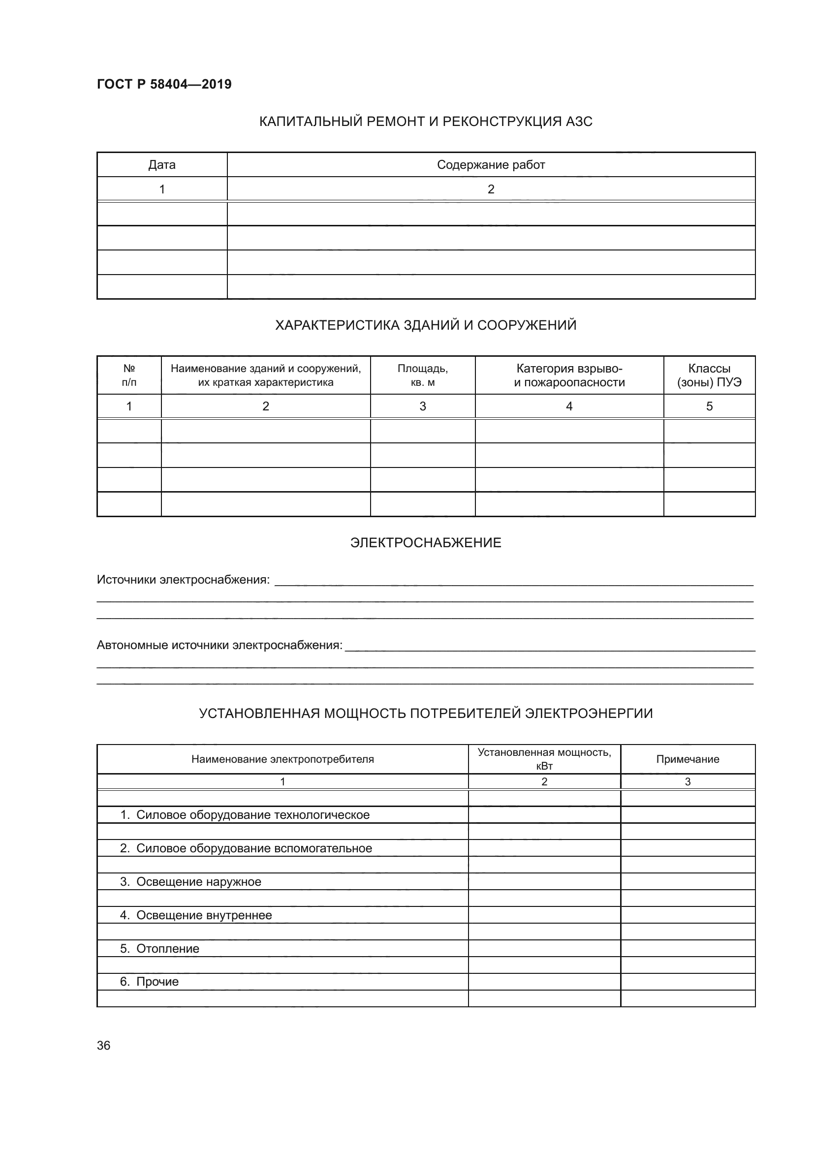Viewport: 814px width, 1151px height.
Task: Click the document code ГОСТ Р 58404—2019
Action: coord(164,84)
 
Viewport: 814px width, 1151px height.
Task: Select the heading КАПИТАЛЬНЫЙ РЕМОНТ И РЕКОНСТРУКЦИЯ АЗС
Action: coord(426,122)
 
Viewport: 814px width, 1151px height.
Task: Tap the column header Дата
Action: coord(162,165)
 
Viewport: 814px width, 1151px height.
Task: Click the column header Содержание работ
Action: coord(491,165)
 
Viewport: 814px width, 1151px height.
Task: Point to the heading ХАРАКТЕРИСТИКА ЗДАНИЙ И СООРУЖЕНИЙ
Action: coord(426,325)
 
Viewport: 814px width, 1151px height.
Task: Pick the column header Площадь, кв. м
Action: coord(423,375)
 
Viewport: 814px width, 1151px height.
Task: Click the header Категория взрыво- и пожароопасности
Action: coord(569,375)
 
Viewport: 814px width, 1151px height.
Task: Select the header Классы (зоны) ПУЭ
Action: coord(709,375)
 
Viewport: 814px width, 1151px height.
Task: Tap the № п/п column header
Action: coord(129,375)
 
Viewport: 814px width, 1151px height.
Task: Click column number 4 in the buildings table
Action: coord(569,406)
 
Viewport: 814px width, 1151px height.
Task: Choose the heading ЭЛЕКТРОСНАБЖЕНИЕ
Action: coord(426,543)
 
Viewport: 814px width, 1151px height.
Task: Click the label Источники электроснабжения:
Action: coord(183,580)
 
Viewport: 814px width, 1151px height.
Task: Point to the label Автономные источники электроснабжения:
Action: coord(219,645)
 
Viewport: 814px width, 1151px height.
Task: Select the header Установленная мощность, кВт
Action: coord(544,759)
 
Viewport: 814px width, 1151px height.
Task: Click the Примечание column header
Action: coord(687,759)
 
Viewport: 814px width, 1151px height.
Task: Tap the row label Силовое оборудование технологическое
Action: coord(252,814)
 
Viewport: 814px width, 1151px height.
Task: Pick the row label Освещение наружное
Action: coord(198,881)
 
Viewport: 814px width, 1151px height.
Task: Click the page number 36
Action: coord(104,1046)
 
